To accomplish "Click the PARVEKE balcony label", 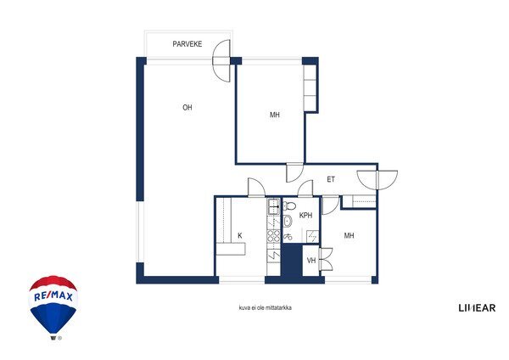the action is click(187, 44).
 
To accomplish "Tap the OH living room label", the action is click(187, 108).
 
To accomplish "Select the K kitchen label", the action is click(240, 235).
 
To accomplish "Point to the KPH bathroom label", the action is click(305, 216).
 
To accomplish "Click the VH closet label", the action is click(311, 261).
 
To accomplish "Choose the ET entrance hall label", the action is click(331, 179).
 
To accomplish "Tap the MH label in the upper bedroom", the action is click(275, 115).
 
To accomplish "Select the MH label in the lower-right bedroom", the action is click(349, 235).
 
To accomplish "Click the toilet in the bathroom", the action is click(288, 206).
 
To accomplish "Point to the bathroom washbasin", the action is click(288, 221).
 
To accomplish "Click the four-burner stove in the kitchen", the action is click(273, 235).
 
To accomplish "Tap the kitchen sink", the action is click(273, 206).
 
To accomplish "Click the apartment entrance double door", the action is click(378, 180).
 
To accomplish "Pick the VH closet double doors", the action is click(326, 259).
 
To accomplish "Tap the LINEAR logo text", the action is click(477, 307).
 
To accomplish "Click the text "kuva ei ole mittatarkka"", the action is click(266, 307).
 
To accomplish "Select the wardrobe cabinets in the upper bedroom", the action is click(310, 87).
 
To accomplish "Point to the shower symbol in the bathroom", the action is click(312, 235).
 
